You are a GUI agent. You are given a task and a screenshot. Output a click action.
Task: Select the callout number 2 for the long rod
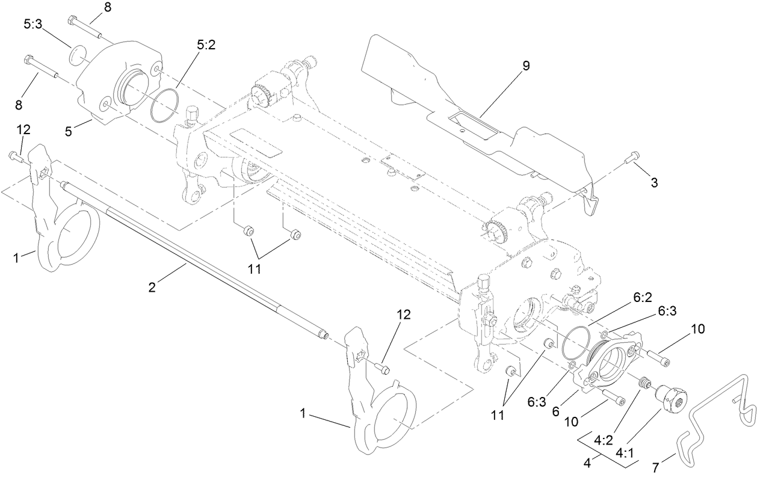click(x=152, y=288)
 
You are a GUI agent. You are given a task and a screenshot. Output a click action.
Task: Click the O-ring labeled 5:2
click(x=164, y=106)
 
